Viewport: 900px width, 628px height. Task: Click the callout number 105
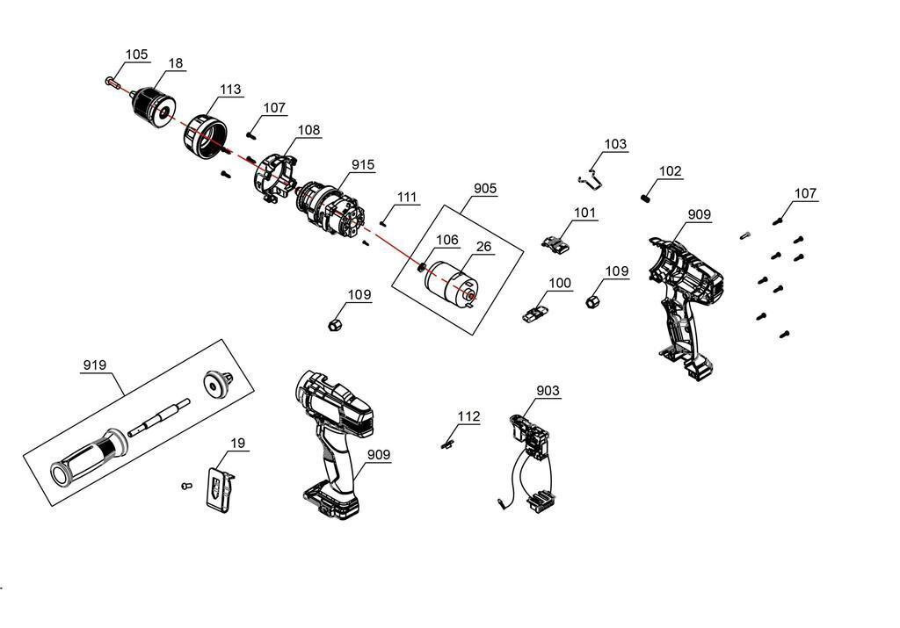tap(136, 54)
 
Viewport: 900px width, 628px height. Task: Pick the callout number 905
tap(485, 188)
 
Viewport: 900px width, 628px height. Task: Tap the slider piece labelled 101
tap(554, 242)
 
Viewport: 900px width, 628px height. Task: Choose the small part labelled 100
tap(536, 312)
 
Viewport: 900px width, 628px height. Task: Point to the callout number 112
tap(469, 416)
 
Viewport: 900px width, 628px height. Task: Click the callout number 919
tap(95, 365)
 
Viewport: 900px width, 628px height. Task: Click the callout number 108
tap(308, 130)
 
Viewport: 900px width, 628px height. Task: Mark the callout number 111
tap(407, 197)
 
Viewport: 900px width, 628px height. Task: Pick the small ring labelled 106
tap(422, 266)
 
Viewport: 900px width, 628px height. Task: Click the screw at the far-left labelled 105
tap(111, 82)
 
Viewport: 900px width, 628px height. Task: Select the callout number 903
tap(548, 391)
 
